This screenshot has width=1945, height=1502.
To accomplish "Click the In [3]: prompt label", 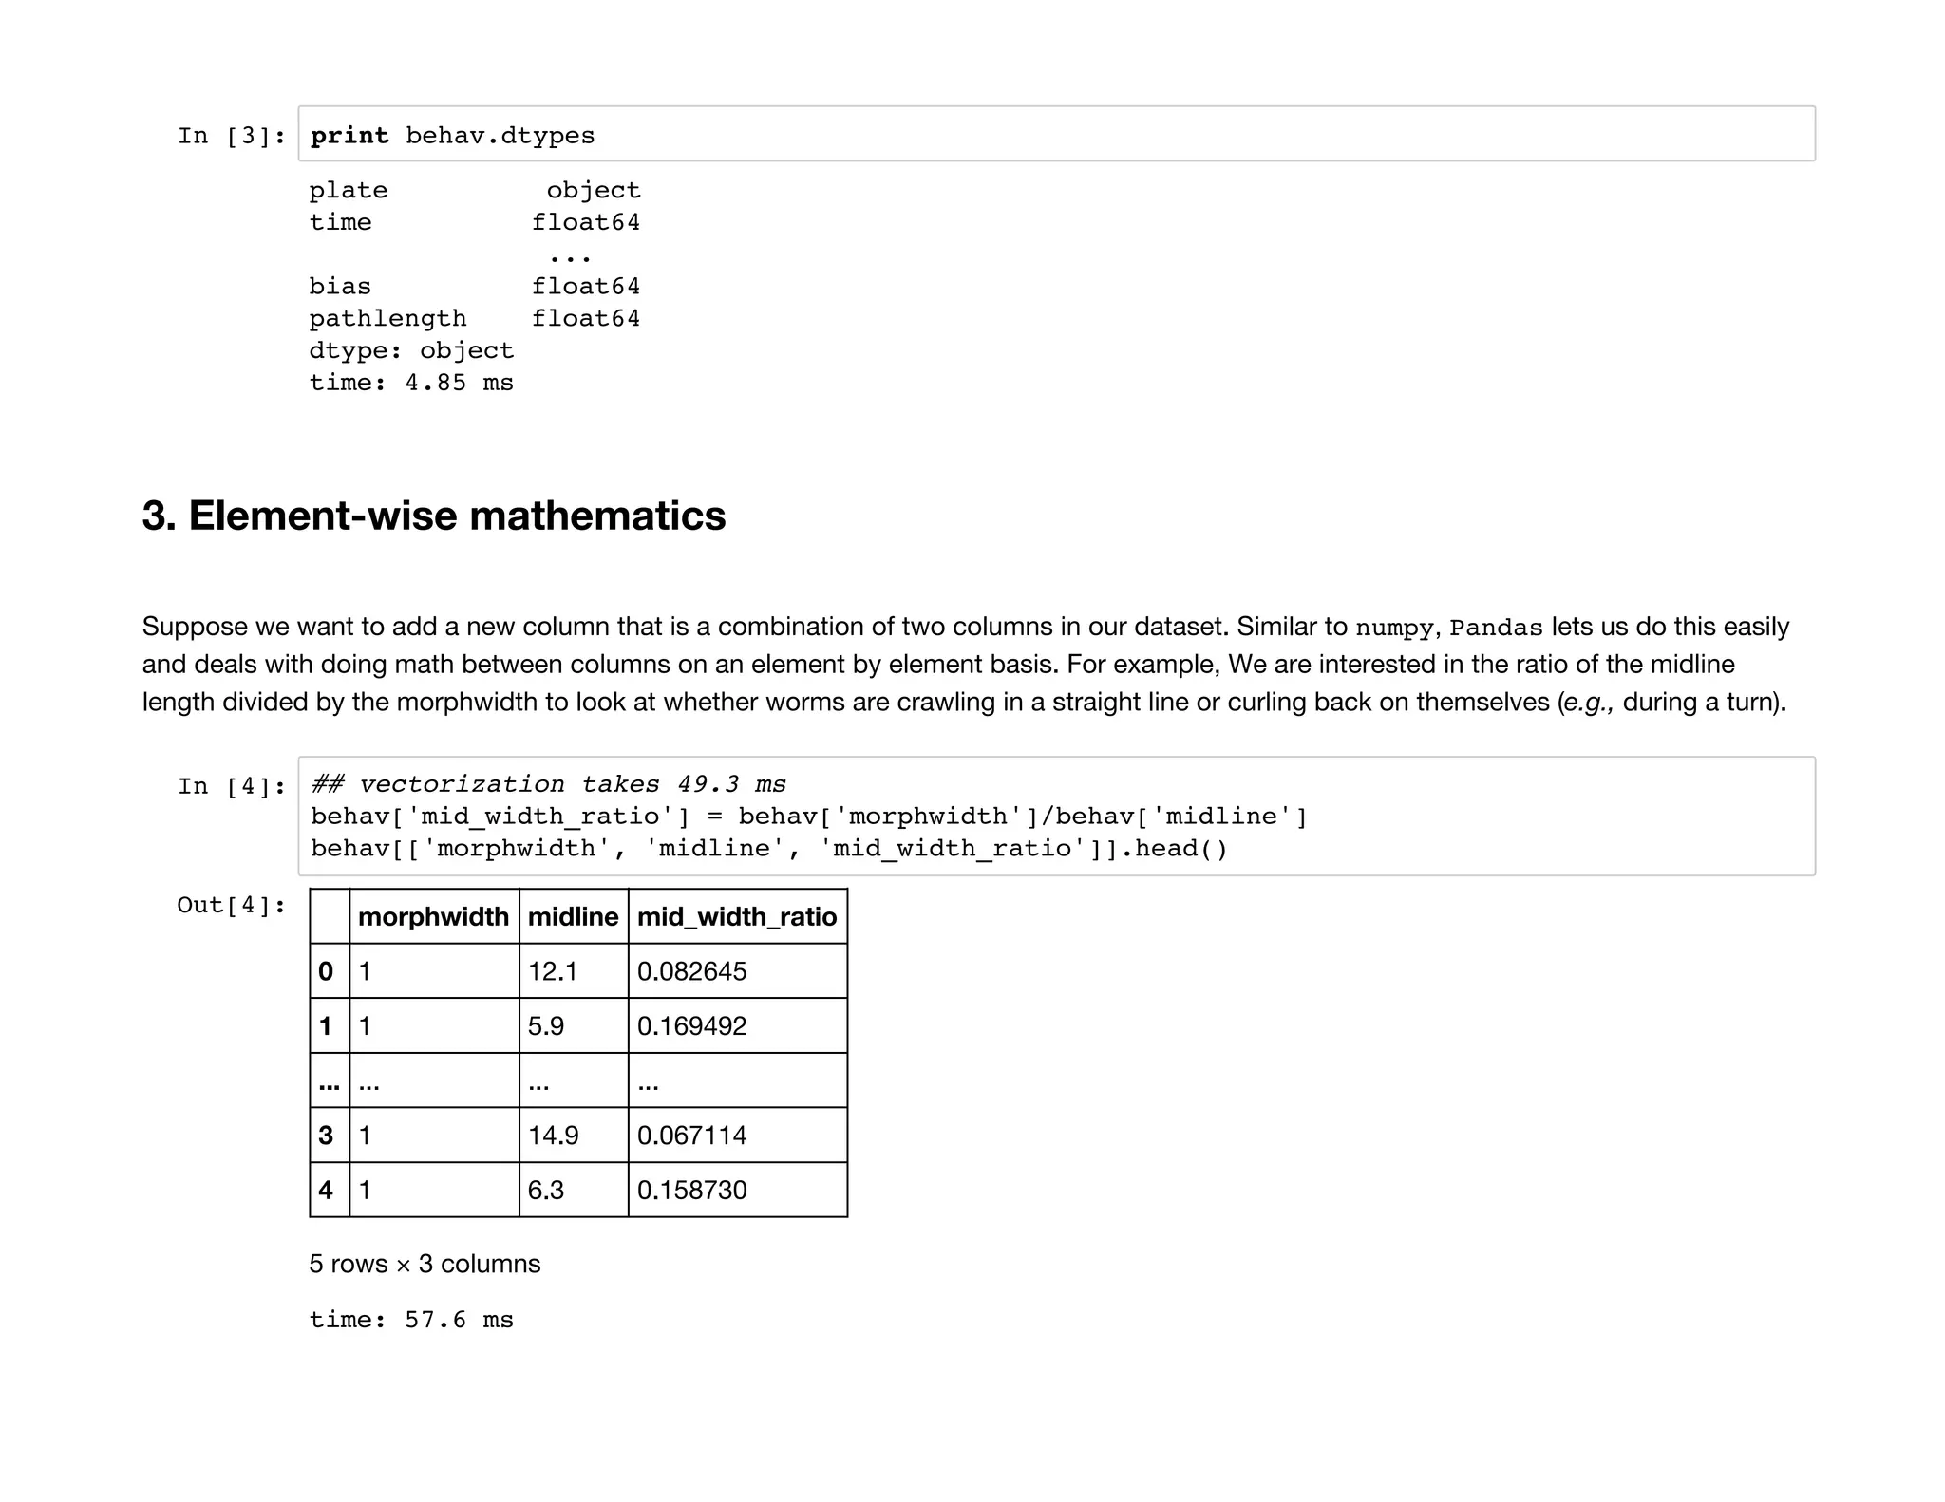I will coord(232,136).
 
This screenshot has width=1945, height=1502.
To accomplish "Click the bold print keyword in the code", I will coord(349,136).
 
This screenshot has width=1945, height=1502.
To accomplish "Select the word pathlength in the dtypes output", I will coord(387,318).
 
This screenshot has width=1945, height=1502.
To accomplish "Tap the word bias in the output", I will coord(340,286).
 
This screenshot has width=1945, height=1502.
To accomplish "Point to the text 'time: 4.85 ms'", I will coord(411,383).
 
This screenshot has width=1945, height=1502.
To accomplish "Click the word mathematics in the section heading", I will coord(597,516).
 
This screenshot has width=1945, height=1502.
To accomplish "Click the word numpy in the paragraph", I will coord(1393,628).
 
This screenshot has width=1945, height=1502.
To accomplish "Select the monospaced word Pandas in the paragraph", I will coord(1496,628).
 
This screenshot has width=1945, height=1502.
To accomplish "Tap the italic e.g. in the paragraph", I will coord(1586,703).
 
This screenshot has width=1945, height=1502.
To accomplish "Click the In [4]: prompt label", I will coord(232,786).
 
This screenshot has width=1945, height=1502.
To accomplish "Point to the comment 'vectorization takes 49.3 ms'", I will coord(573,784).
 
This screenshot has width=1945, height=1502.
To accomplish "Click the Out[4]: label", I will coord(232,905).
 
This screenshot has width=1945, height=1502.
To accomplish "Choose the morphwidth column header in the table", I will coord(433,916).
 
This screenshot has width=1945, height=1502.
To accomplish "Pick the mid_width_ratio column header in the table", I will coord(737,916).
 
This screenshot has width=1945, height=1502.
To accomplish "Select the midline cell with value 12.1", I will coord(553,971).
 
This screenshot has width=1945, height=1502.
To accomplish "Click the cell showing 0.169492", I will coord(692,1025).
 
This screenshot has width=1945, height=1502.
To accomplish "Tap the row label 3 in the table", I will coord(327,1135).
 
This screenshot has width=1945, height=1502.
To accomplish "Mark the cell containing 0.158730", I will coord(692,1190).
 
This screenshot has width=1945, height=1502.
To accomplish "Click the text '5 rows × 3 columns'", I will coord(425,1264).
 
